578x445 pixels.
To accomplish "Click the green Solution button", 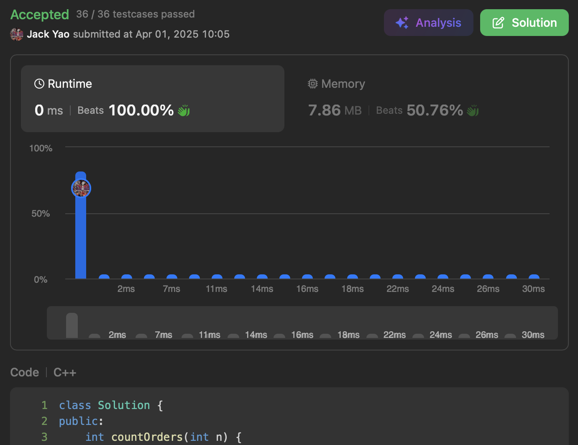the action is click(x=524, y=23).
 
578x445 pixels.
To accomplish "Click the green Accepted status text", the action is click(x=40, y=14).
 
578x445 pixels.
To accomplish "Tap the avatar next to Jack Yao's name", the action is click(x=16, y=34).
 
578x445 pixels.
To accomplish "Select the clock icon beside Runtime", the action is click(x=39, y=84).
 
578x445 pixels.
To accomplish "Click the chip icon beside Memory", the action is click(x=312, y=84).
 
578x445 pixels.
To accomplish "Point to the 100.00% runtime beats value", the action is click(x=141, y=110).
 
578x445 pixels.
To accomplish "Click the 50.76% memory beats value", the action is click(x=435, y=110).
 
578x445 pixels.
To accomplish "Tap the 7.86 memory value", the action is click(x=324, y=110).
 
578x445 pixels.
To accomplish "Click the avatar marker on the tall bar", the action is click(x=81, y=188).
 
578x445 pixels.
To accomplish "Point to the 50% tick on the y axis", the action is click(x=41, y=213).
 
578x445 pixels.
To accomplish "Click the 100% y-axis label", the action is click(x=41, y=148).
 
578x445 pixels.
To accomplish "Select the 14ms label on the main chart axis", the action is click(x=262, y=289).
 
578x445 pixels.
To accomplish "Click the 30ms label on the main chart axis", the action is click(x=533, y=289).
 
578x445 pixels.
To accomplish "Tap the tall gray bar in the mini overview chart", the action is click(x=72, y=325).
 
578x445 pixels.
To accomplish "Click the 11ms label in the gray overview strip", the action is click(x=210, y=335).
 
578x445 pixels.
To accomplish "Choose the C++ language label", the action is click(x=65, y=372).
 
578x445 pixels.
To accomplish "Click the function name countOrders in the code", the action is click(x=147, y=437).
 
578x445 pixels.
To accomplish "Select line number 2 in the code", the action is click(x=44, y=421).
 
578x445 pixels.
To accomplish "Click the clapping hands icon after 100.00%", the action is click(x=184, y=110).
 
